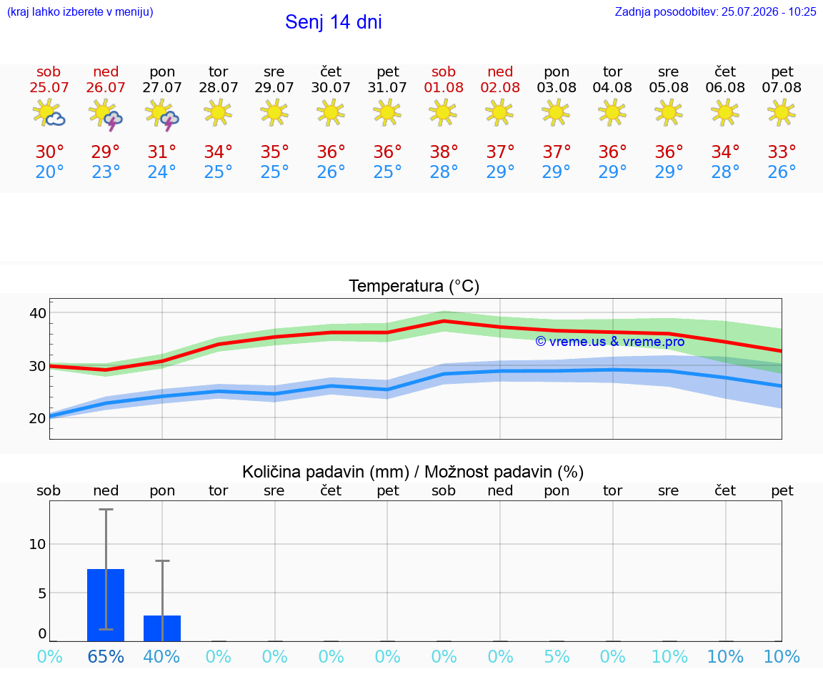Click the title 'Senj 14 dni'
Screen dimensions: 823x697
point(334,22)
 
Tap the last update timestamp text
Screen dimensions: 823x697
point(715,12)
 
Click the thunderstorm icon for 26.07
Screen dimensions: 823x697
point(106,114)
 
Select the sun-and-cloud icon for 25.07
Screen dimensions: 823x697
point(49,113)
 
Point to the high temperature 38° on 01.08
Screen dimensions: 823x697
point(444,152)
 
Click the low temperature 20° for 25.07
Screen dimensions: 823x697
point(49,172)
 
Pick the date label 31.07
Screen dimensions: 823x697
point(387,88)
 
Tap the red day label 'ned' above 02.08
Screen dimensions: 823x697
point(500,71)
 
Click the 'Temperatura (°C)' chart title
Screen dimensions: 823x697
point(414,286)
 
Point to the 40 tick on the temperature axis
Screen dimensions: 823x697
point(38,314)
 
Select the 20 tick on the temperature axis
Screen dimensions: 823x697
point(38,419)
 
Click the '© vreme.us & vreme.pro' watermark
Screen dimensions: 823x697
point(610,342)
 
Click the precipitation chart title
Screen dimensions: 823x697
point(413,473)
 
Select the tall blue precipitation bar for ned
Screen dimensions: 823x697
point(106,605)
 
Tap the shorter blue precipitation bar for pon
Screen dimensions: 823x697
point(162,628)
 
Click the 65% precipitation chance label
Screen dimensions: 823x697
point(106,657)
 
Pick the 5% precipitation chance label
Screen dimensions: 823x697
point(557,657)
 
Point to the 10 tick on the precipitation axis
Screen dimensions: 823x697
point(38,544)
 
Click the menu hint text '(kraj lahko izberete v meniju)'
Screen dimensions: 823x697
point(80,12)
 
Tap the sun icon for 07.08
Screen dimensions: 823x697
point(782,113)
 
